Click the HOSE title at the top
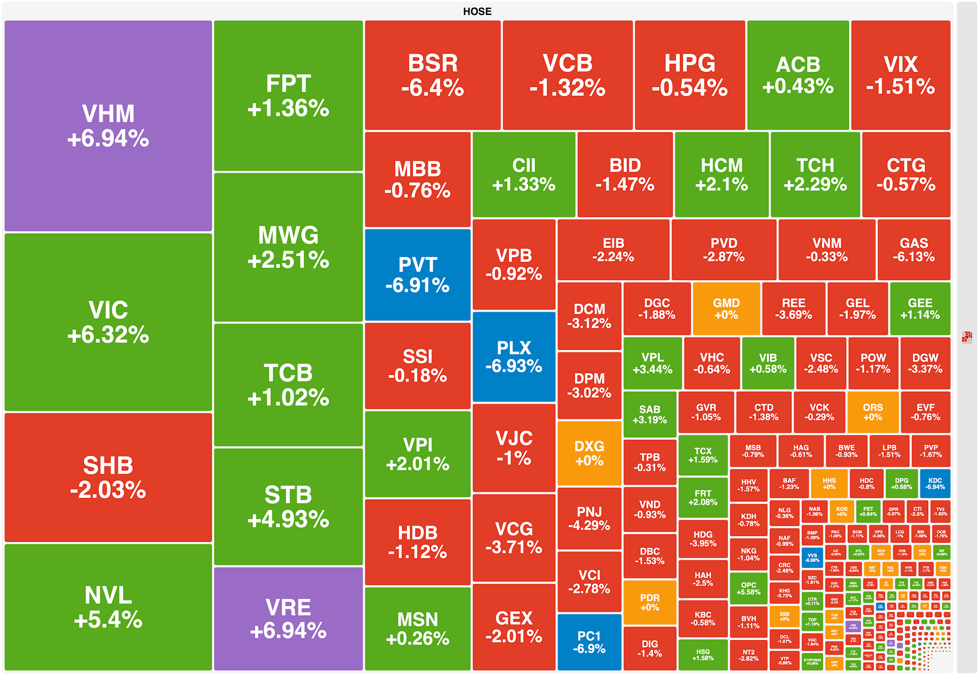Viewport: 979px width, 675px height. (477, 11)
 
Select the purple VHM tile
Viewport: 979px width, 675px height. (108, 126)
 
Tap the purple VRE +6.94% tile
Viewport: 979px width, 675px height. (288, 619)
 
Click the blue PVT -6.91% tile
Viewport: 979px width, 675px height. (418, 275)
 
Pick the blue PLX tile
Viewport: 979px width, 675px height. (514, 357)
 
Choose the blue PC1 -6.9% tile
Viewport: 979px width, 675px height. (589, 642)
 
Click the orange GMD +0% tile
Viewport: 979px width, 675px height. (726, 309)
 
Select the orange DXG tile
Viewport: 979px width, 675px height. (589, 453)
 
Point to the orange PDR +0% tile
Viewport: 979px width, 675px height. (650, 602)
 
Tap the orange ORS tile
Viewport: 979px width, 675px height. (872, 412)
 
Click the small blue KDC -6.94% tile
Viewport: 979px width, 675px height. (935, 484)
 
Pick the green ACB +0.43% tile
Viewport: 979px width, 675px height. (798, 75)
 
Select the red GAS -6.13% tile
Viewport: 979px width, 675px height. (914, 249)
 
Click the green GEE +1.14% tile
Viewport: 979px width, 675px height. (920, 309)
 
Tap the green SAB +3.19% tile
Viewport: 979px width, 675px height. (650, 414)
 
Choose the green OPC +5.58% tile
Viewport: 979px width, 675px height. (749, 588)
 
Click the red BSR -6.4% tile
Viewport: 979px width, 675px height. (432, 75)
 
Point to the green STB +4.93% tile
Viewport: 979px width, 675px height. (288, 507)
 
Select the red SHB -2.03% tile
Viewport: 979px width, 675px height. (108, 477)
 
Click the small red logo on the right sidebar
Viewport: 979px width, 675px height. (967, 337)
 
